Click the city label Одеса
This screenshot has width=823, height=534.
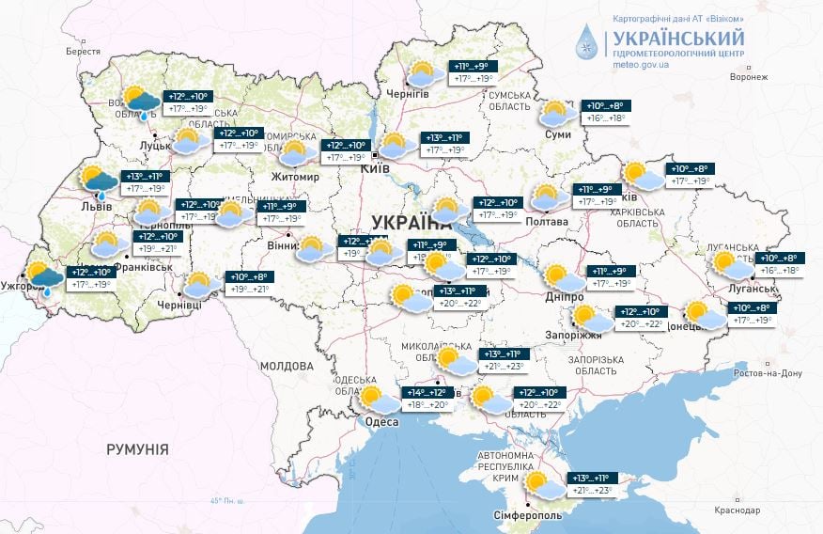coord(382,422)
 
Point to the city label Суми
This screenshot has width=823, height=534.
coord(558,134)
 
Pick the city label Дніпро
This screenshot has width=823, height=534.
coord(564,297)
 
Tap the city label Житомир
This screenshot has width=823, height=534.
coord(297,175)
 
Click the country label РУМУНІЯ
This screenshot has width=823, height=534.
coord(137,449)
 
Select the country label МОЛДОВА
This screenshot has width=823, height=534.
coord(286,366)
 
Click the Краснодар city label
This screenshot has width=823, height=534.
coord(736,510)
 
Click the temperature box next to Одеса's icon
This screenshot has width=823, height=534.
coord(427,399)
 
